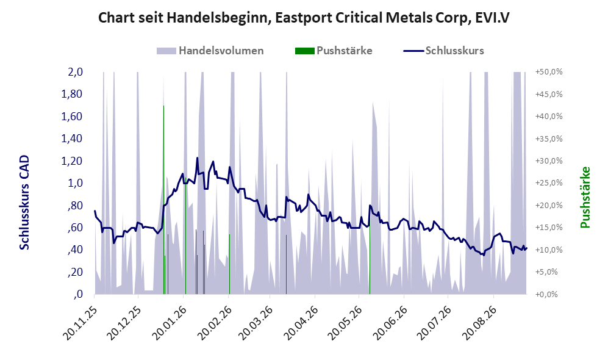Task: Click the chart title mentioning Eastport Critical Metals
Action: click(304, 18)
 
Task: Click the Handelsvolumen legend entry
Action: click(210, 51)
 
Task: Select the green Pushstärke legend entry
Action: click(334, 51)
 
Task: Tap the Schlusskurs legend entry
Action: click(443, 51)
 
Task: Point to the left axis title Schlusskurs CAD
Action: click(24, 202)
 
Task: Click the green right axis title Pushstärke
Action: click(585, 198)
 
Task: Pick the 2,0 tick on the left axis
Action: click(75, 72)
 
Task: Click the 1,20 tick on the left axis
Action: click(72, 160)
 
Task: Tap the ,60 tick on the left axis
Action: click(76, 228)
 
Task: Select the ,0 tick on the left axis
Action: click(78, 294)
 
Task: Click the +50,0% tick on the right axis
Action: click(549, 72)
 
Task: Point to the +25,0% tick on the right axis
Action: click(549, 183)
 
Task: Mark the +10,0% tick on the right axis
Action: click(549, 250)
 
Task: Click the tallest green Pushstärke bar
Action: click(163, 200)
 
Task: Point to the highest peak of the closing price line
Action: click(198, 158)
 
